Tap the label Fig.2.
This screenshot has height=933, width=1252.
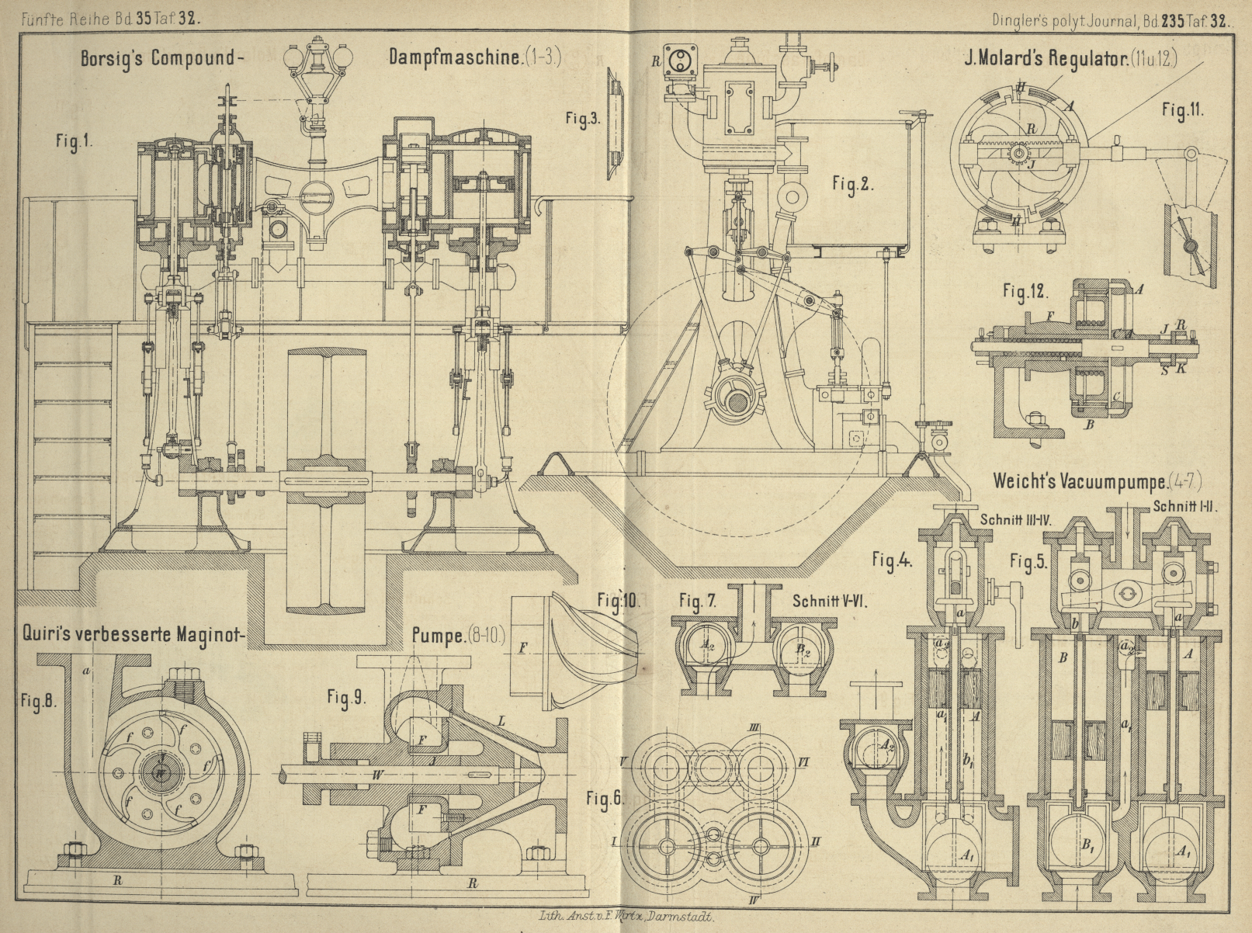coord(853,186)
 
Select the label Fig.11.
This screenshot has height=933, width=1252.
coord(1183,109)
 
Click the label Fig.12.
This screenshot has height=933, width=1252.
coord(1025,292)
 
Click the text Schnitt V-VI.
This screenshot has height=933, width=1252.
coord(829,601)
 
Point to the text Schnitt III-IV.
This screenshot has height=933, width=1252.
coord(1014,520)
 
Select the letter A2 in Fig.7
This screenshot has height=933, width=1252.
coord(707,643)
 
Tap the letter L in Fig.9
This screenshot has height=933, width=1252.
coord(501,722)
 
